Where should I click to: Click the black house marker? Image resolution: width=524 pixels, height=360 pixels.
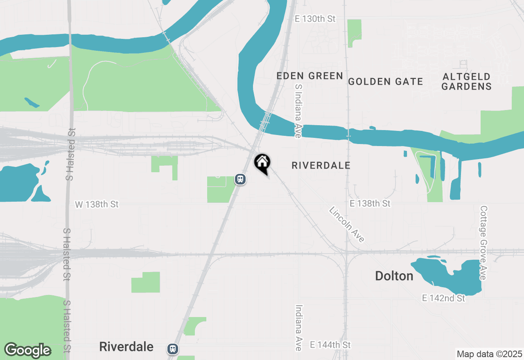click(262, 163)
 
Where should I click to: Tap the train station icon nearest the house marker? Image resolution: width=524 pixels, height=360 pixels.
click(240, 179)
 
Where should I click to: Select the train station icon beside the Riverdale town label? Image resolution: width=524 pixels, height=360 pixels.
click(173, 349)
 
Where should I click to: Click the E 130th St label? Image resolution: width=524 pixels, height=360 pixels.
click(315, 19)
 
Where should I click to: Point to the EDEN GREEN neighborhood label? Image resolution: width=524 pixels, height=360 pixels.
click(309, 76)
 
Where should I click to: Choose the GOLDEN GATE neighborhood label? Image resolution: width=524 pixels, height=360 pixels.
click(385, 81)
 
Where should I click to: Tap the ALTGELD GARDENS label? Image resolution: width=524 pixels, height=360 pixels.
click(466, 81)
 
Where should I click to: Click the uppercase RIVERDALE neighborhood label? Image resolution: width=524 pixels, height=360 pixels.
click(321, 165)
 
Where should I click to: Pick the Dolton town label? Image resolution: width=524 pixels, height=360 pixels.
click(394, 276)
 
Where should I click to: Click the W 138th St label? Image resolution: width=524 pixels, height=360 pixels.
click(97, 204)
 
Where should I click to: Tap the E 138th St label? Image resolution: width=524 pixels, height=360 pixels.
click(370, 203)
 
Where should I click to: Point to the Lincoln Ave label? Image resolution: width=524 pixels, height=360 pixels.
click(346, 224)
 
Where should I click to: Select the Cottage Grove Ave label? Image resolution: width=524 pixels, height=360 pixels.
click(483, 243)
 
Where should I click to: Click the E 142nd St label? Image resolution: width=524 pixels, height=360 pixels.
click(444, 298)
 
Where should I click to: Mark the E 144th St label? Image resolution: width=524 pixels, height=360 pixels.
click(330, 345)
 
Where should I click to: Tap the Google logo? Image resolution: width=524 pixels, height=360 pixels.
click(27, 350)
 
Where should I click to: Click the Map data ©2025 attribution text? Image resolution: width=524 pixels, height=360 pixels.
click(489, 354)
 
